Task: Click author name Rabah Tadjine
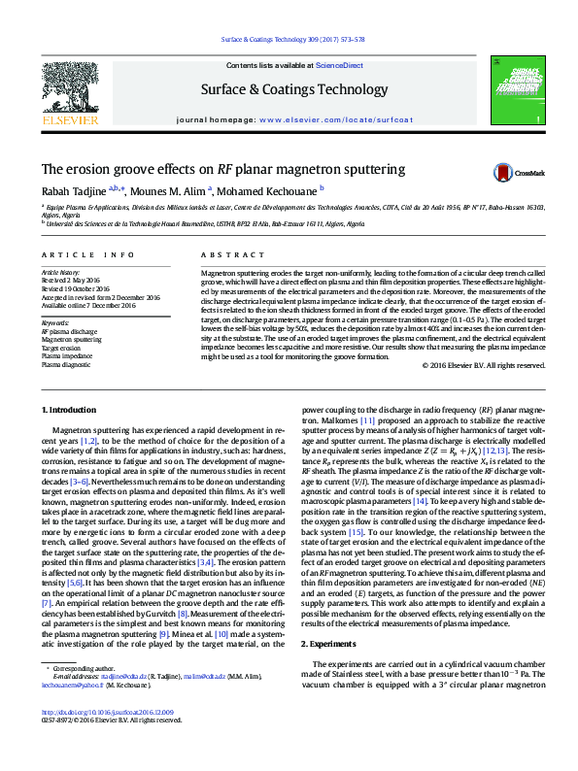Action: click(x=73, y=191)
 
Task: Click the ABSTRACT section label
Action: click(x=219, y=254)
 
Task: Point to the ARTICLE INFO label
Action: click(x=87, y=254)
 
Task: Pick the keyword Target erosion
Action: click(x=61, y=347)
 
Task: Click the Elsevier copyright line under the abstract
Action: click(x=484, y=365)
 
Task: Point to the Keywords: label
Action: click(x=56, y=321)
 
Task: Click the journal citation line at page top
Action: click(x=292, y=39)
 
